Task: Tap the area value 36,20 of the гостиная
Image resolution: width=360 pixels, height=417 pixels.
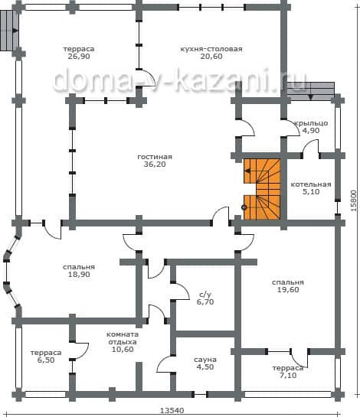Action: pyautogui.click(x=155, y=165)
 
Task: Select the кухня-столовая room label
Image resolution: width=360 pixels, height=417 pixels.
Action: pyautogui.click(x=211, y=49)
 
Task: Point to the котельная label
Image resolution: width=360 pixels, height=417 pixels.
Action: pyautogui.click(x=311, y=184)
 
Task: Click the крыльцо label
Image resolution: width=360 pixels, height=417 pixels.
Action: pyautogui.click(x=311, y=123)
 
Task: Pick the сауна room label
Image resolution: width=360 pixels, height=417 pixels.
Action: pyautogui.click(x=205, y=360)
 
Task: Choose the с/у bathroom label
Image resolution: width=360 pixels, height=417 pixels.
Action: pyautogui.click(x=205, y=295)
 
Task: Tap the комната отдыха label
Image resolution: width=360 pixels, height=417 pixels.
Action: pyautogui.click(x=123, y=338)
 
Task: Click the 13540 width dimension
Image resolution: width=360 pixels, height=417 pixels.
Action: pyautogui.click(x=172, y=411)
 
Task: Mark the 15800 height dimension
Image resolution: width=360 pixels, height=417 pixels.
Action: pyautogui.click(x=353, y=200)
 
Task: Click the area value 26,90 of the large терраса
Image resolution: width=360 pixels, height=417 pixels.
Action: pyautogui.click(x=79, y=57)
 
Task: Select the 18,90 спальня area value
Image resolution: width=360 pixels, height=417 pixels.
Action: pyautogui.click(x=79, y=275)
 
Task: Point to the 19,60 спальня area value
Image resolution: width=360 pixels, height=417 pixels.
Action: pyautogui.click(x=288, y=290)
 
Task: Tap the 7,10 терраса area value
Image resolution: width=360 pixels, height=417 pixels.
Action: pyautogui.click(x=288, y=376)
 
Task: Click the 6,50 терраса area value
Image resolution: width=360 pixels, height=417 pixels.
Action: pyautogui.click(x=46, y=360)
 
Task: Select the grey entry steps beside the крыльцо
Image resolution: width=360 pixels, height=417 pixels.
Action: pyautogui.click(x=310, y=91)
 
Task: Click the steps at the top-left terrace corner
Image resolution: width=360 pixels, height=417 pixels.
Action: pyautogui.click(x=9, y=31)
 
